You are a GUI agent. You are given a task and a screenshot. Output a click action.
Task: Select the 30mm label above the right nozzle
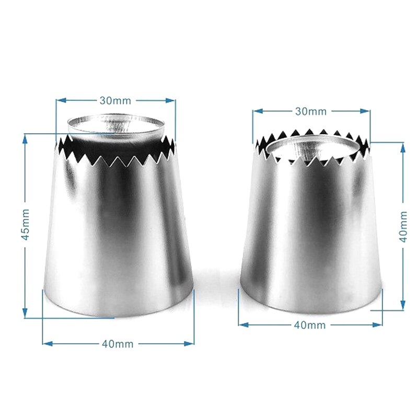[x=312, y=111]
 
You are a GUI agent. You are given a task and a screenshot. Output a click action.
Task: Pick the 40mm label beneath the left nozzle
[x=118, y=343]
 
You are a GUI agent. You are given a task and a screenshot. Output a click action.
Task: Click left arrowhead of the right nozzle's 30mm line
[x=257, y=111]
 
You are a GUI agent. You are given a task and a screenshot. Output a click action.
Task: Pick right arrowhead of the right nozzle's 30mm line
[x=366, y=111]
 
